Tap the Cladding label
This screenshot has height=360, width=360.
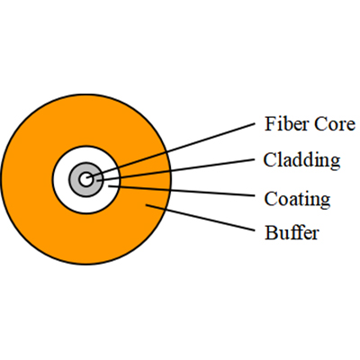[301, 160]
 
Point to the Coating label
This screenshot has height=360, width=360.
[297, 199]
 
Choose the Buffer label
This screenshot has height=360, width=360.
[292, 232]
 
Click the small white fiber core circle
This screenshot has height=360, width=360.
[86, 179]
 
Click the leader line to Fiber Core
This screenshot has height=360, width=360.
[171, 150]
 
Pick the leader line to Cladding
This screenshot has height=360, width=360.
[175, 170]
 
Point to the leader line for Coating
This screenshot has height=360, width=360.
[182, 191]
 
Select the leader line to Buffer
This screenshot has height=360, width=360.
[200, 218]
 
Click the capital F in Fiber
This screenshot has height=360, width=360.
[270, 124]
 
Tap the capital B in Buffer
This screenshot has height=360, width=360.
[271, 232]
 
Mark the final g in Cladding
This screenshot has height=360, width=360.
[335, 163]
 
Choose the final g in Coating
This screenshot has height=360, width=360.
[325, 202]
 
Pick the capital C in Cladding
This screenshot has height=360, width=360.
[270, 159]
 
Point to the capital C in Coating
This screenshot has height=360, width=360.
[270, 198]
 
